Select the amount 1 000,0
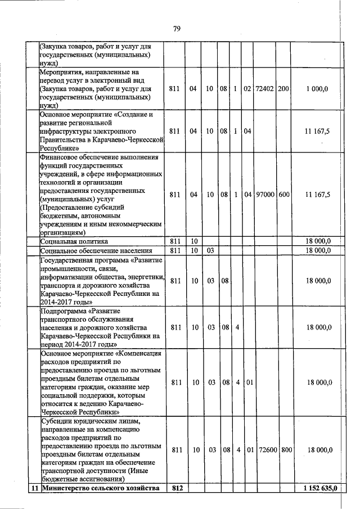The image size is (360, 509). tap(318, 89)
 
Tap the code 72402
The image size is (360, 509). tap(264, 89)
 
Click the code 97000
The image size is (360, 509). tap(264, 195)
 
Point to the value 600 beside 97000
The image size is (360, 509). tap(284, 195)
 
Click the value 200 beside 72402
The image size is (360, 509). tap(284, 89)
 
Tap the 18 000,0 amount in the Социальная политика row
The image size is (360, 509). tap(318, 241)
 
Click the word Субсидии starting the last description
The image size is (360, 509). tap(57, 421)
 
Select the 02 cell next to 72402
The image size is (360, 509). tap(247, 89)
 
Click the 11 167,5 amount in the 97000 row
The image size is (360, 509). tap(318, 195)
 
